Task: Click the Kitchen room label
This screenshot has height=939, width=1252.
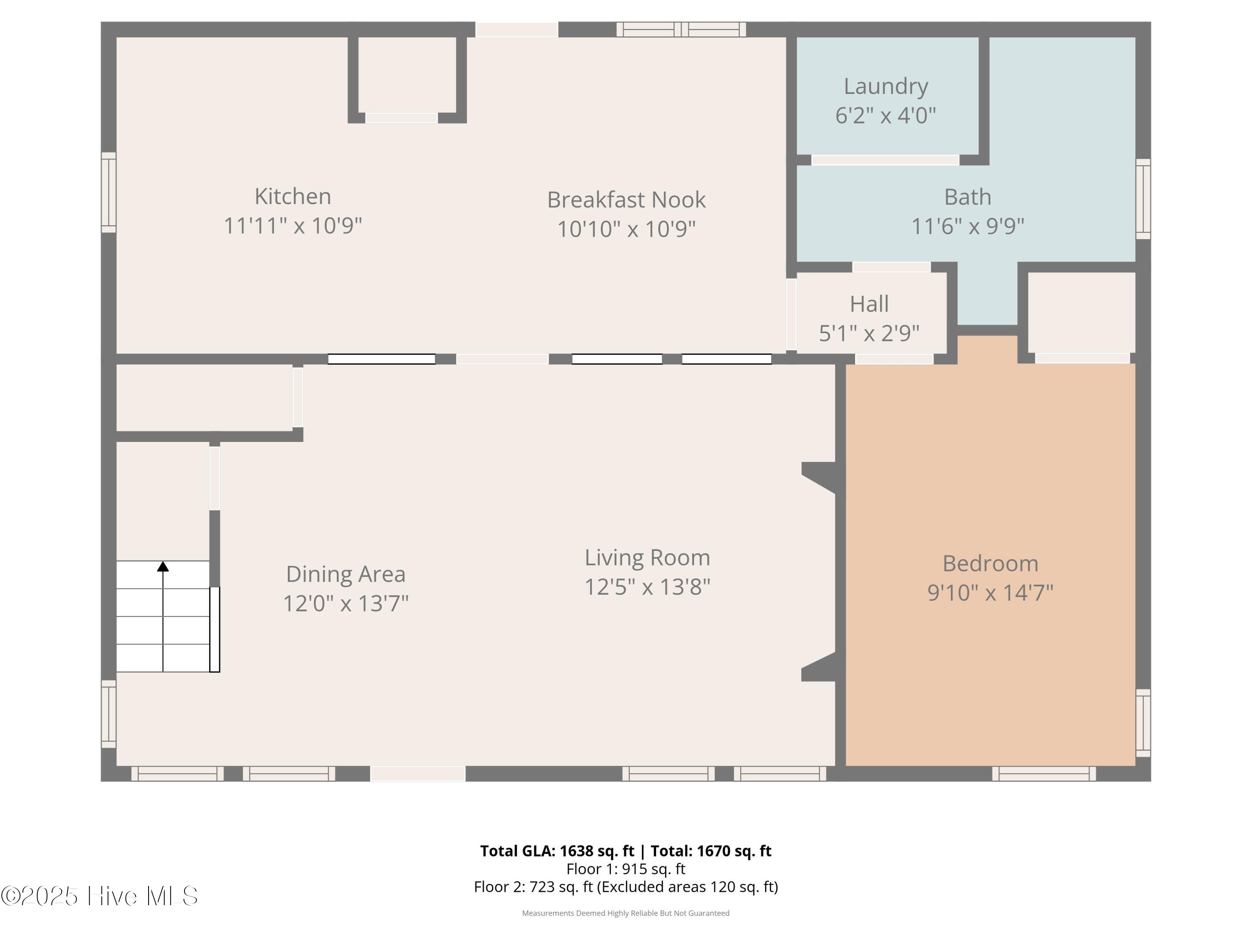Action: pyautogui.click(x=293, y=197)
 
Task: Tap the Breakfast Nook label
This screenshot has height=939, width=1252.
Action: pyautogui.click(x=626, y=200)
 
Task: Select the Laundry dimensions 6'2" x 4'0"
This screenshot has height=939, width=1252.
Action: pyautogui.click(x=886, y=116)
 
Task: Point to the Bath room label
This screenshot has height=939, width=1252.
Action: pyautogui.click(x=967, y=197)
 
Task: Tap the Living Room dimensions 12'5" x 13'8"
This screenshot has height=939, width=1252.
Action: pyautogui.click(x=647, y=587)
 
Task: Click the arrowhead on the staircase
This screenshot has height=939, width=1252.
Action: pyautogui.click(x=163, y=566)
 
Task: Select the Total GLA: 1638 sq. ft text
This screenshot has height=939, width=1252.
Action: pyautogui.click(x=557, y=851)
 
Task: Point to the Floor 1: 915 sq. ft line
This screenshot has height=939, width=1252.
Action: pyautogui.click(x=626, y=869)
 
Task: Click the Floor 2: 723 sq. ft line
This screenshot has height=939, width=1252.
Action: pyautogui.click(x=626, y=887)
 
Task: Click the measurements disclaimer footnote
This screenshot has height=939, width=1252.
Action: pyautogui.click(x=626, y=913)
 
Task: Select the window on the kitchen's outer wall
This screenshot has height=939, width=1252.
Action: pyautogui.click(x=109, y=192)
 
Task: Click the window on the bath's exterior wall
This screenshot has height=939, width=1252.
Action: pyautogui.click(x=1143, y=199)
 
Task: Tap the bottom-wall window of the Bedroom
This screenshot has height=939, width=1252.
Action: pyautogui.click(x=1044, y=774)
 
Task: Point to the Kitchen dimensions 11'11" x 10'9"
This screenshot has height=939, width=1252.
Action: pyautogui.click(x=293, y=226)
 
